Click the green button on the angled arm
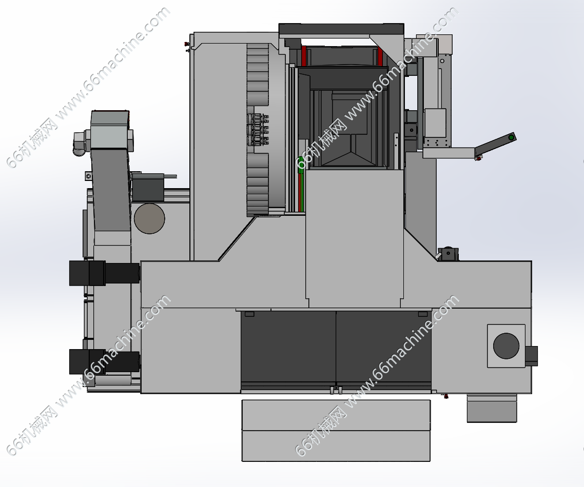[511, 138]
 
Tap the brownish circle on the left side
[149, 219]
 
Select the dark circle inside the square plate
[506, 346]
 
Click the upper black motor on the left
[105, 273]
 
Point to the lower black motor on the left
[105, 361]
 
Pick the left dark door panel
[288, 348]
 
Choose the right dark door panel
[384, 348]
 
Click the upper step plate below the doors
[336, 416]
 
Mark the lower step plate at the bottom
[336, 446]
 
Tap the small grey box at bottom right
[492, 409]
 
